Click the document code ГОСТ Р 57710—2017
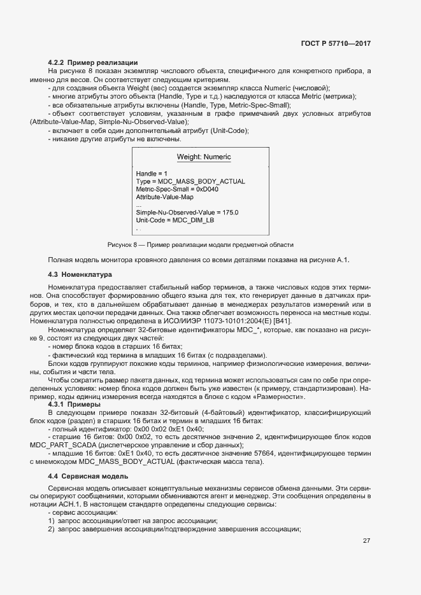coord(336,44)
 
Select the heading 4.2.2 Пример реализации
coord(93,62)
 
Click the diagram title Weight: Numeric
coord(203,157)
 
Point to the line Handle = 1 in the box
coord(152,173)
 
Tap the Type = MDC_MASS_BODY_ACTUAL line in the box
coord(190,181)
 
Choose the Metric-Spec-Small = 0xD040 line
coord(178,189)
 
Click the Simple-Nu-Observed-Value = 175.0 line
coord(187,212)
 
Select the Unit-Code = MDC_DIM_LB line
coord(175,220)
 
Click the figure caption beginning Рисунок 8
coord(200,244)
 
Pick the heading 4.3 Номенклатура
coord(80,274)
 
